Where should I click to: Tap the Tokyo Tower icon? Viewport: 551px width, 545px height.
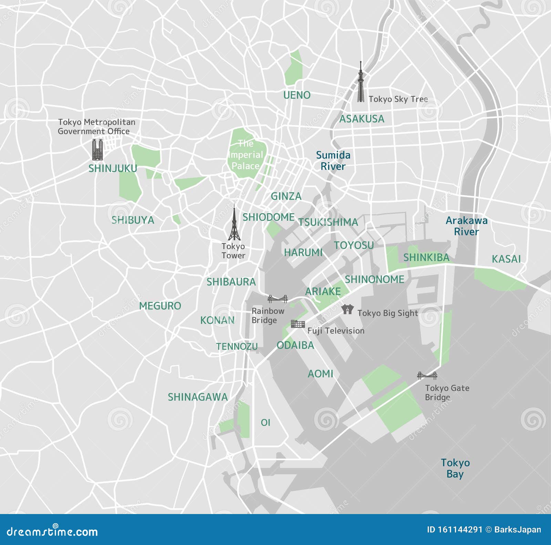coord(234,224)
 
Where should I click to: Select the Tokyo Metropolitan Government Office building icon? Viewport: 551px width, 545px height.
coord(97,150)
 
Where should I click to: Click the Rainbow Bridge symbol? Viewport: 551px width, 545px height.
coord(278,299)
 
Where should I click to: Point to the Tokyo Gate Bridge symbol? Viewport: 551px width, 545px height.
coord(427,375)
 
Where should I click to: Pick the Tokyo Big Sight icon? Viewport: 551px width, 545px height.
coord(347,309)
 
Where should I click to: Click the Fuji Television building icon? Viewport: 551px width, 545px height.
coord(298,324)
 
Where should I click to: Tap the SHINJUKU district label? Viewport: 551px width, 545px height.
coord(113,168)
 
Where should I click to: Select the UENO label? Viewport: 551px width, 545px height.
coord(297,95)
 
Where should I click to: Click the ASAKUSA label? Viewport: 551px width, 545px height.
coord(362,119)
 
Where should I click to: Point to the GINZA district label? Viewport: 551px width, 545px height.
coord(286,196)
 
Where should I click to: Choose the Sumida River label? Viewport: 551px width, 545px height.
coord(333,161)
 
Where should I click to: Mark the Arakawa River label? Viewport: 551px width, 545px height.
coord(466,226)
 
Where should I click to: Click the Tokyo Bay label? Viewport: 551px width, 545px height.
coord(455,468)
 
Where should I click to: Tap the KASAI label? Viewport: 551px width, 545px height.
coord(506,259)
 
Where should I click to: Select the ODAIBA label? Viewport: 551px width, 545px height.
coord(295,345)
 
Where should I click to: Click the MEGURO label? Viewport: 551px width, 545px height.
coord(160,306)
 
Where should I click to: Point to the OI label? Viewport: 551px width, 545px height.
coord(266,422)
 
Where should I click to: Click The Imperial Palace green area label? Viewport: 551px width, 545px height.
coord(245,155)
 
